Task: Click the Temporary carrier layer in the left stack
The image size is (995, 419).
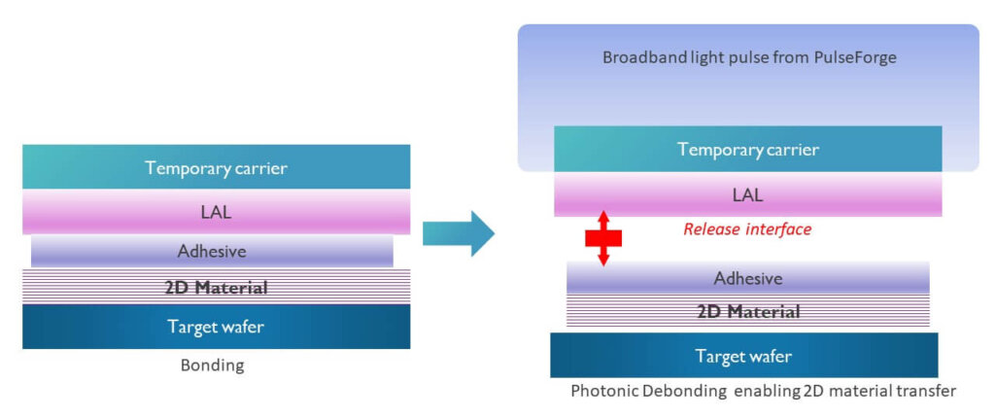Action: pyautogui.click(x=216, y=167)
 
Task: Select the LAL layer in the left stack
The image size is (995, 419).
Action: pyautogui.click(x=216, y=210)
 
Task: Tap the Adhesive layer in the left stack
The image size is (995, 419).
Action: pyautogui.click(x=212, y=251)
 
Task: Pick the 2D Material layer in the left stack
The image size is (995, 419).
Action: pyautogui.click(x=216, y=287)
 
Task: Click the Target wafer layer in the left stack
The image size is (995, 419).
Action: pyautogui.click(x=216, y=327)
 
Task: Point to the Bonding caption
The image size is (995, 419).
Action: pyautogui.click(x=213, y=367)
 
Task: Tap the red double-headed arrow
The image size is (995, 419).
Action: pyautogui.click(x=603, y=238)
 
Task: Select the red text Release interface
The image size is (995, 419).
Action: pyautogui.click(x=747, y=229)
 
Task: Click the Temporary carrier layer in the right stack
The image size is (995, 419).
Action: pyautogui.click(x=747, y=150)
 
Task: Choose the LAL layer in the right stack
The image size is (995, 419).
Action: pyautogui.click(x=747, y=194)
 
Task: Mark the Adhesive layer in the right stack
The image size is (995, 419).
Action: pyautogui.click(x=747, y=278)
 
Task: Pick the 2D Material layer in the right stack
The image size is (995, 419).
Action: pyautogui.click(x=747, y=312)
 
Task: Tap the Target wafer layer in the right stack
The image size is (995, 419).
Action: pyautogui.click(x=743, y=356)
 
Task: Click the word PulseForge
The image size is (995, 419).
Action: pyautogui.click(x=856, y=57)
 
